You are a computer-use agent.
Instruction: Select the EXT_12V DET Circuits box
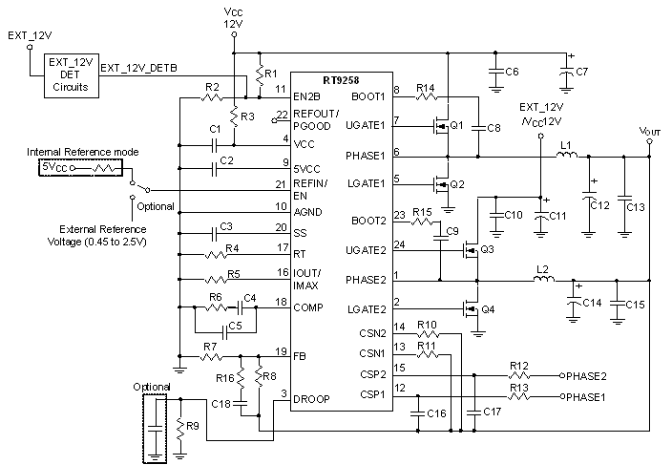70,75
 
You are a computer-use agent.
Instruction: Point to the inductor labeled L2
544,281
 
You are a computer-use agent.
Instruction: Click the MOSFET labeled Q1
442,126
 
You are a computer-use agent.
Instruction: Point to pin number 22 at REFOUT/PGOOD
281,115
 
